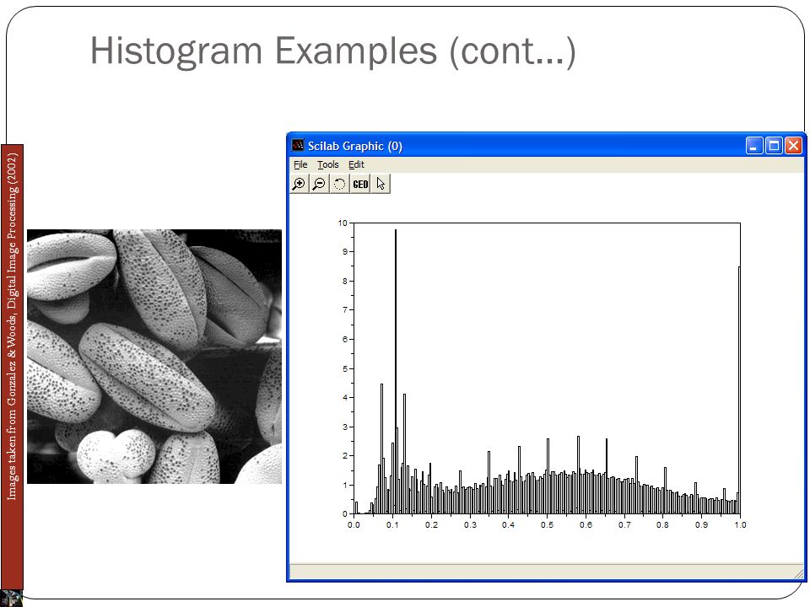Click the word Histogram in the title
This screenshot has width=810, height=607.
click(176, 52)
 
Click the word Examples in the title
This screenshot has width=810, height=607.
click(356, 51)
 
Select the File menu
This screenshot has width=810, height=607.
click(300, 164)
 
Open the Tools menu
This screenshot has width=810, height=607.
click(328, 164)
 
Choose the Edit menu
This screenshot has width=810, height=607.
click(356, 164)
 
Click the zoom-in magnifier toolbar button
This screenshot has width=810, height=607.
click(299, 184)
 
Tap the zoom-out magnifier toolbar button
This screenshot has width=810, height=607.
click(319, 184)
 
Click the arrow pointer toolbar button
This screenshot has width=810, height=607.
click(381, 184)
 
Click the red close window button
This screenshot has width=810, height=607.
click(793, 146)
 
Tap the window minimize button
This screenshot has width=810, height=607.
click(754, 146)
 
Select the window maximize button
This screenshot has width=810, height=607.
click(774, 146)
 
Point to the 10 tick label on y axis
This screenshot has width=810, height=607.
click(343, 223)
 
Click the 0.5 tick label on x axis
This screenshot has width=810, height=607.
click(547, 525)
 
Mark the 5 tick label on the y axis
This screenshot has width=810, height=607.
click(345, 369)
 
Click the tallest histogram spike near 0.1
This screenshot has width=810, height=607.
click(396, 372)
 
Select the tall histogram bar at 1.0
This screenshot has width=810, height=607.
click(739, 390)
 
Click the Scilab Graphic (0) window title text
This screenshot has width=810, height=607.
click(355, 146)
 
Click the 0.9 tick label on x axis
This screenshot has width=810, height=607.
click(701, 525)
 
